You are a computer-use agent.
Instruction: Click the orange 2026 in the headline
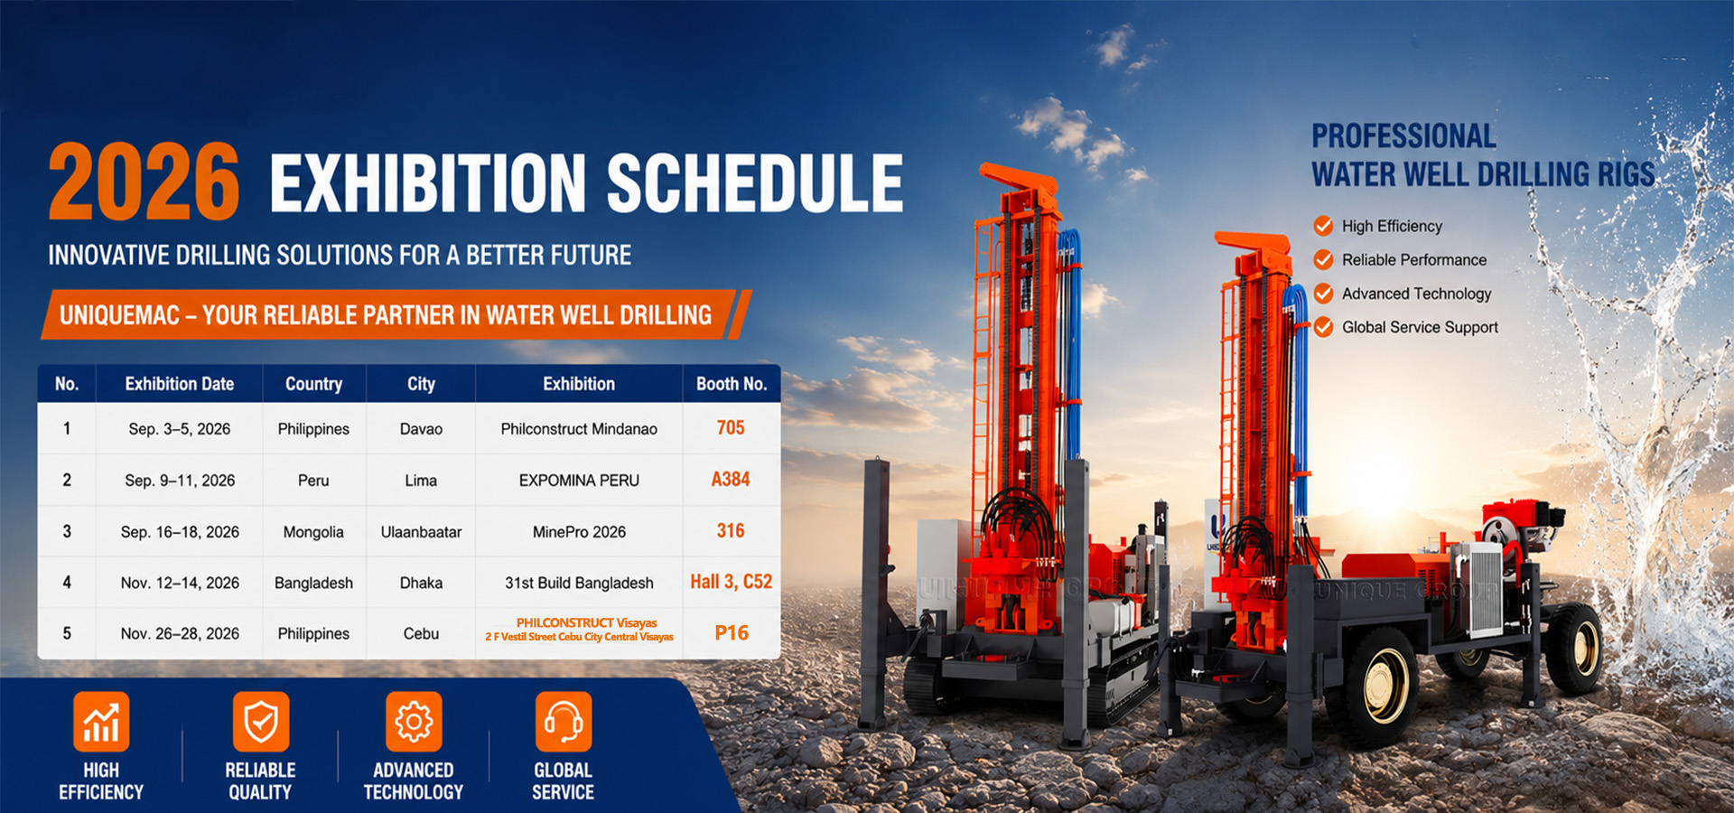tap(144, 182)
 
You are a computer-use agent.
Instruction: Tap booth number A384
tap(731, 480)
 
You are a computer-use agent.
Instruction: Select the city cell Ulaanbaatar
tap(421, 532)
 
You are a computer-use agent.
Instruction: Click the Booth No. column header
tap(732, 384)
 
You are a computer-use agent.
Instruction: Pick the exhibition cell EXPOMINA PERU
tap(579, 481)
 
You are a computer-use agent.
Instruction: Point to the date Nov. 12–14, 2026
tap(180, 584)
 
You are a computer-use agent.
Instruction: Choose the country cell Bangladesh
tap(313, 584)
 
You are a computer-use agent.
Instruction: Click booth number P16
tap(732, 633)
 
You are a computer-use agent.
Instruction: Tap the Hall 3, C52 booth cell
tap(732, 582)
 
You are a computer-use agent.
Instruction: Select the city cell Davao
tap(421, 429)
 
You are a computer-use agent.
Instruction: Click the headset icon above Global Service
tap(564, 722)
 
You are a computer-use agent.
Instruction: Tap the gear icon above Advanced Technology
tap(414, 722)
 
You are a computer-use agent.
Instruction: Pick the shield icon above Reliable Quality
tap(261, 722)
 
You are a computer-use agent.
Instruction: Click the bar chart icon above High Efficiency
tap(101, 722)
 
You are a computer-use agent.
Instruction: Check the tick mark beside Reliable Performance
tap(1323, 260)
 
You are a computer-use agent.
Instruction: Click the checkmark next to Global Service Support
tap(1323, 327)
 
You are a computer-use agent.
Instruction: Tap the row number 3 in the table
tap(67, 531)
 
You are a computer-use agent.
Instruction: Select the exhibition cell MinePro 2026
tap(579, 532)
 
